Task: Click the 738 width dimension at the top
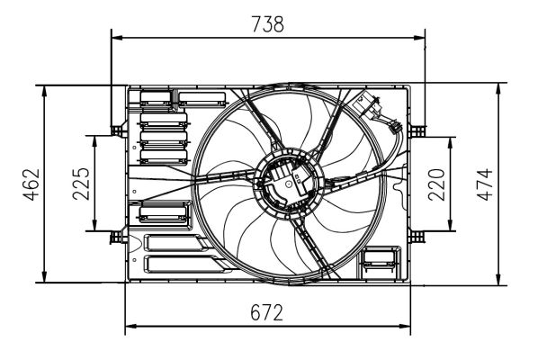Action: tap(267, 24)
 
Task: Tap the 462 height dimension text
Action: tap(30, 185)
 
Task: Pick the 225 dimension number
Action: tap(81, 184)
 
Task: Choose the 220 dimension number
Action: tap(437, 184)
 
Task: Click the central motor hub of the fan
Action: tap(285, 180)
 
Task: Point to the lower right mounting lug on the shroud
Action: tap(416, 237)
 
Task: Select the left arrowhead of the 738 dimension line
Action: tap(115, 38)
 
